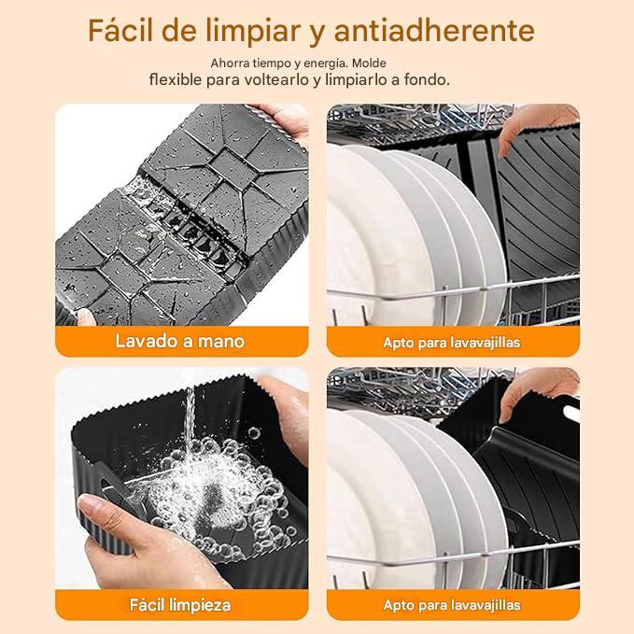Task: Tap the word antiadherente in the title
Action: pyautogui.click(x=435, y=31)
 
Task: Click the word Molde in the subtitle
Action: pyautogui.click(x=369, y=63)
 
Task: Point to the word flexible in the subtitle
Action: pyautogui.click(x=176, y=79)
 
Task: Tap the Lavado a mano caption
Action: pyautogui.click(x=180, y=341)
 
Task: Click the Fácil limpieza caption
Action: pyautogui.click(x=180, y=605)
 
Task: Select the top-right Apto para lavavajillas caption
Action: pyautogui.click(x=452, y=343)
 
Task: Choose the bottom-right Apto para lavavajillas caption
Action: pyautogui.click(x=452, y=605)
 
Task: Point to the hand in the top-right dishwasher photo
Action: pyautogui.click(x=534, y=125)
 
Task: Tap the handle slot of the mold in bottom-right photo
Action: pyautogui.click(x=571, y=414)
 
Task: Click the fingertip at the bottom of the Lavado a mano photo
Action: pyautogui.click(x=85, y=317)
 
